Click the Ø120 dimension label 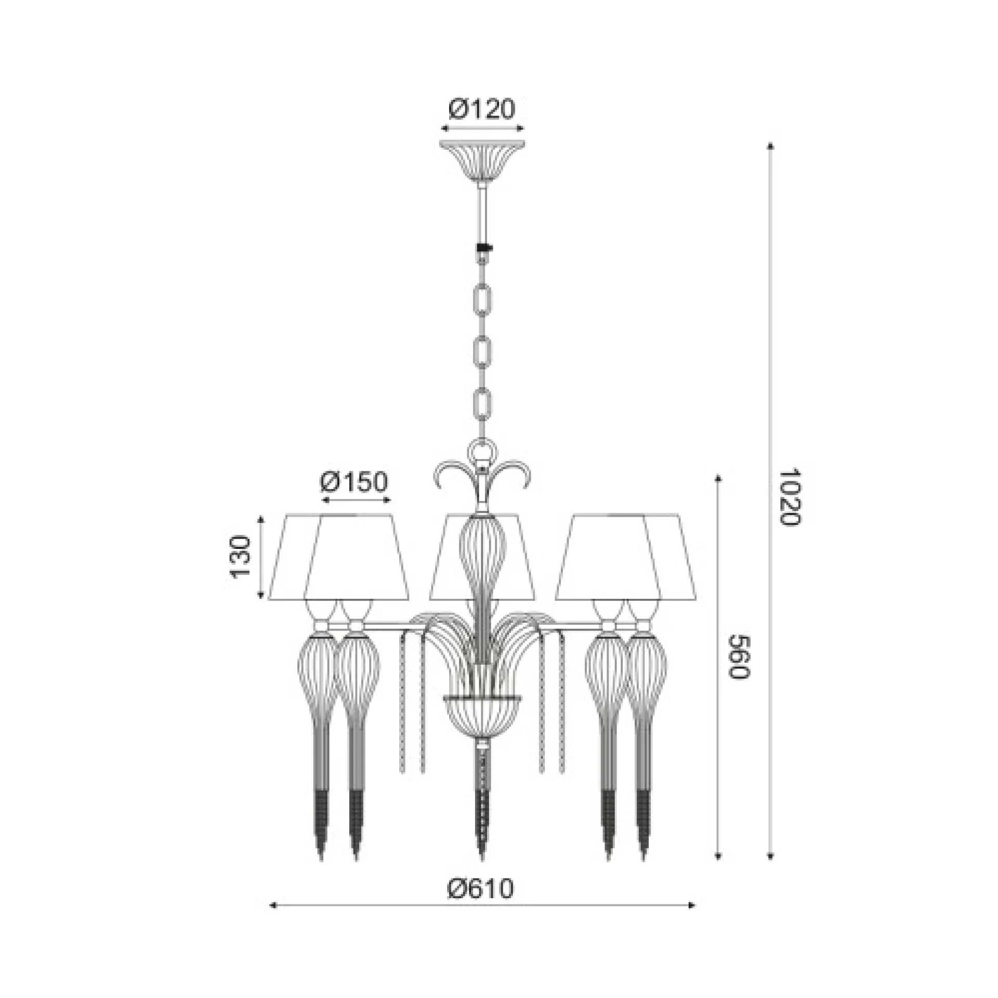[x=481, y=109]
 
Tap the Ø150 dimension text [x=354, y=482]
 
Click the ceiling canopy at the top [x=482, y=161]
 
